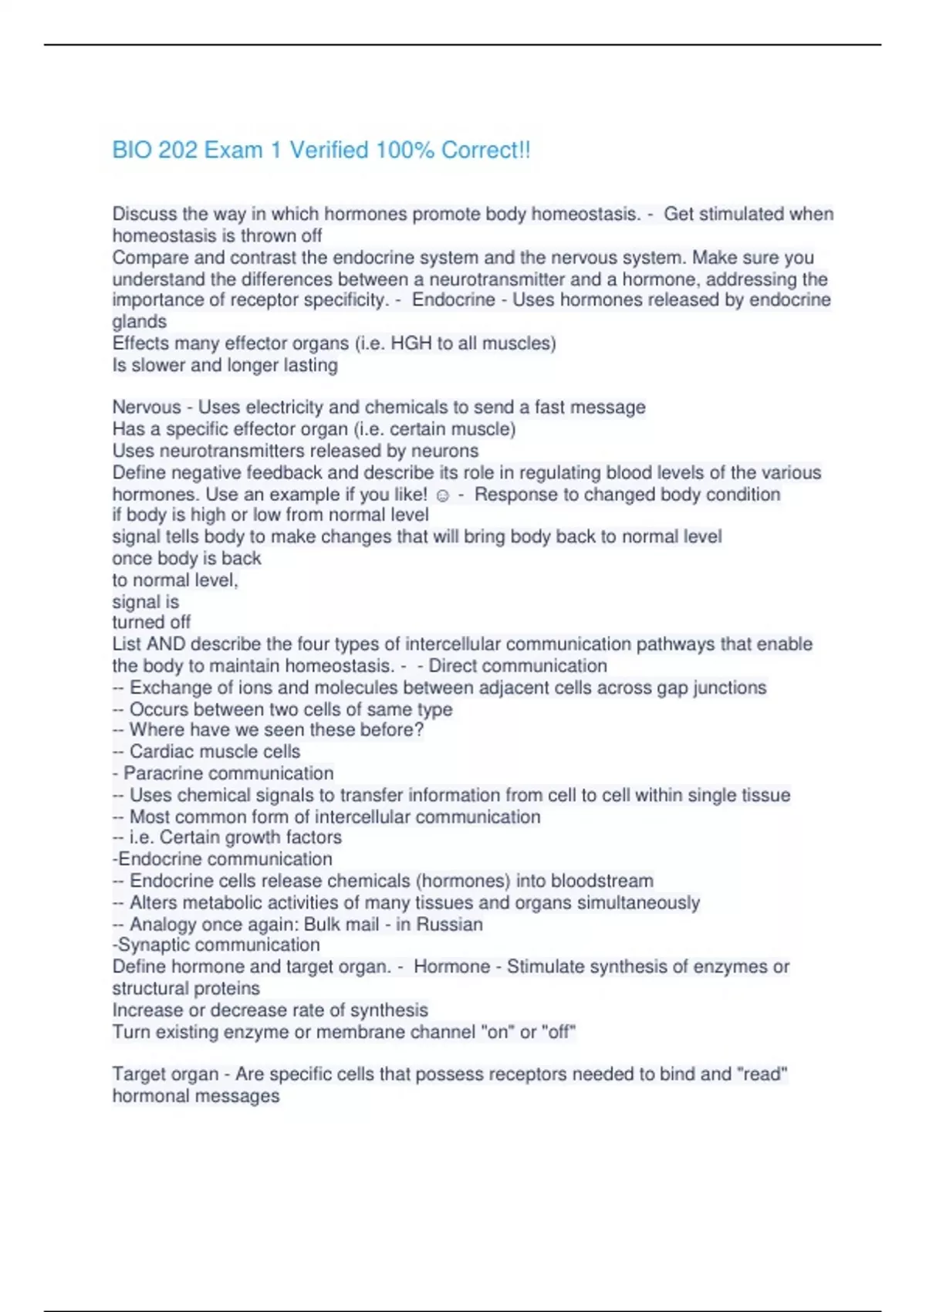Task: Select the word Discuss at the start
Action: point(144,214)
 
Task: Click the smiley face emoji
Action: point(443,495)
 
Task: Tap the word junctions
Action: point(729,688)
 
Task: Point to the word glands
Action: point(140,322)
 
